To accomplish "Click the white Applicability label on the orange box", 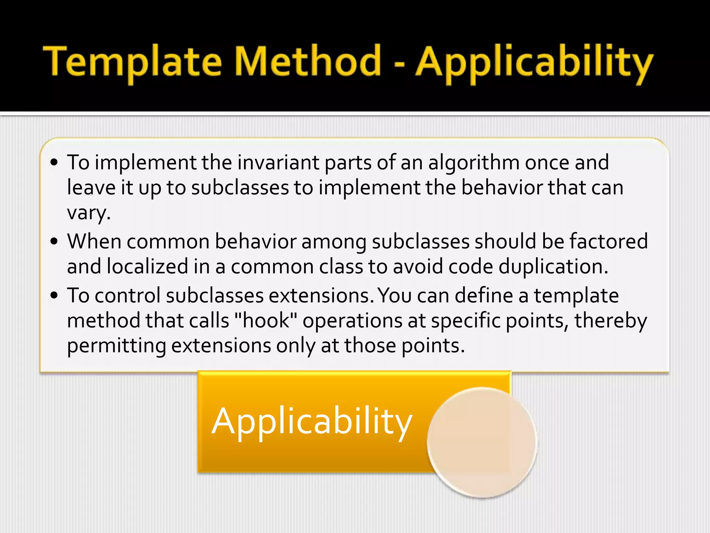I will coord(312,422).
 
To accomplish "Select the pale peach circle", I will coord(482,442).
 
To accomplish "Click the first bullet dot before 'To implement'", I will coord(54,162).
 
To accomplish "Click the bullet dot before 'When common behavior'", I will coord(54,241).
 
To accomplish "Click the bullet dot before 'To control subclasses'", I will coord(54,295).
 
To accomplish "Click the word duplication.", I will coord(553,266).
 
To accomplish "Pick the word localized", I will coord(147,266).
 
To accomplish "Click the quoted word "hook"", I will coord(266,320).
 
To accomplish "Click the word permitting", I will coord(116,346).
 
